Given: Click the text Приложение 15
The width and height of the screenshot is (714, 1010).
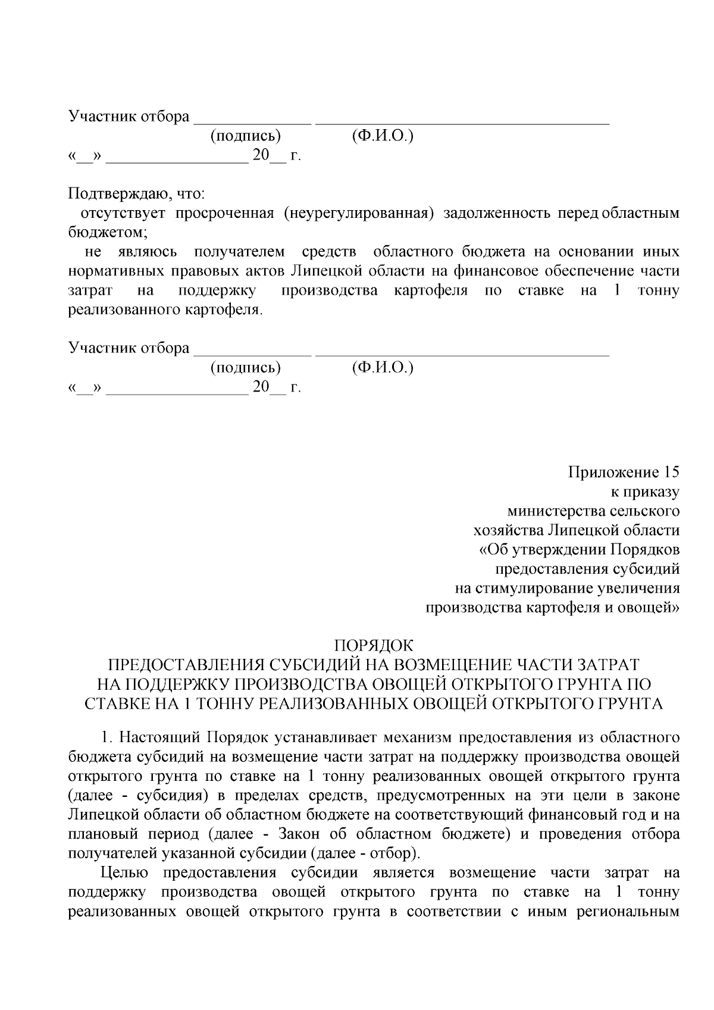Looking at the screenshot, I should coord(623,473).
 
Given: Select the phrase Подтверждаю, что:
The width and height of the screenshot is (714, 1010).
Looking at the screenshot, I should coord(137,194).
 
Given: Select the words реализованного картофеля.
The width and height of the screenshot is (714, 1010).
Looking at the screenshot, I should coord(165,310).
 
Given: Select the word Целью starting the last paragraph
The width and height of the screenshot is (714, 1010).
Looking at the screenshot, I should coord(123,873).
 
